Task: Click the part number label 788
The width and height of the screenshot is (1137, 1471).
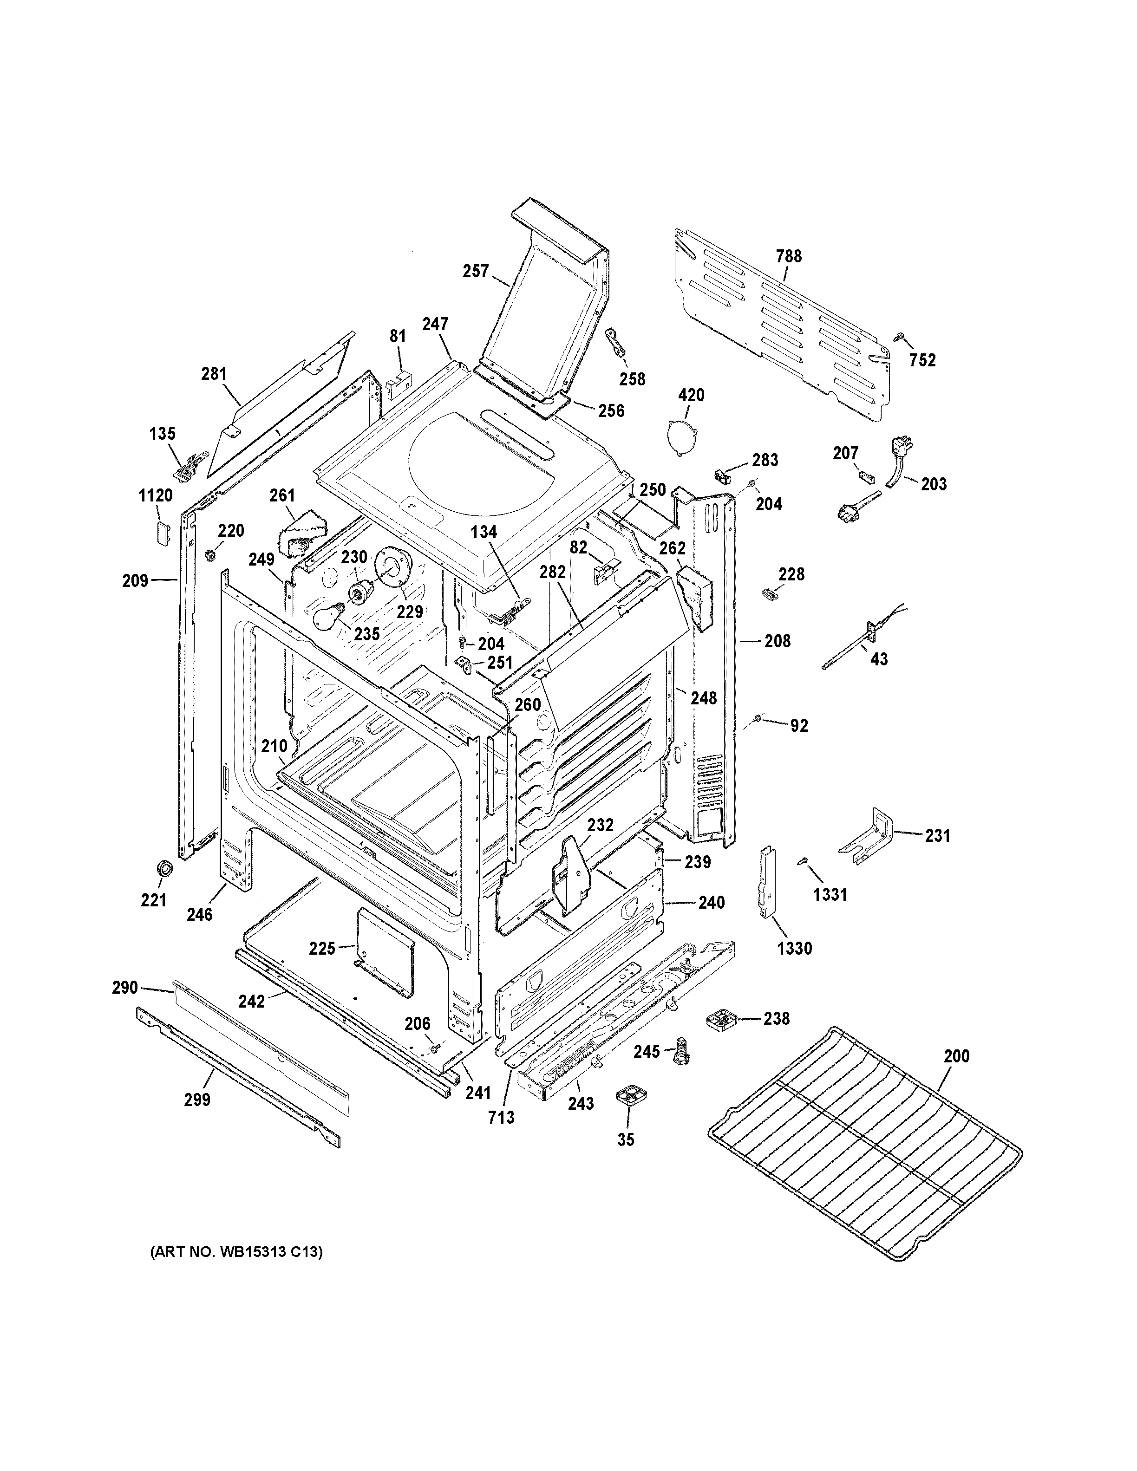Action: pyautogui.click(x=789, y=256)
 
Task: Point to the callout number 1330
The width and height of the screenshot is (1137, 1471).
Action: pyautogui.click(x=794, y=948)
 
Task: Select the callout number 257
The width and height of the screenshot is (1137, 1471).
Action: pyautogui.click(x=476, y=272)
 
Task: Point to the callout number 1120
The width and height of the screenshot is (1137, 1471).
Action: pyautogui.click(x=156, y=496)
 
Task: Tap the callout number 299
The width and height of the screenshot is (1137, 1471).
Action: pyautogui.click(x=196, y=1100)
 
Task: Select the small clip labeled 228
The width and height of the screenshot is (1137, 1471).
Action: pyautogui.click(x=768, y=592)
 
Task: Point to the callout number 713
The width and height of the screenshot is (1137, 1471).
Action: pyautogui.click(x=501, y=1117)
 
